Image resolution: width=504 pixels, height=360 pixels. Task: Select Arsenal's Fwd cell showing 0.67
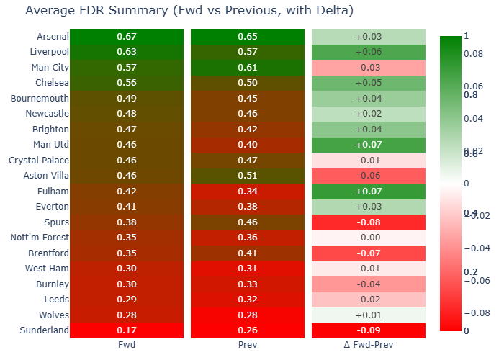tap(126, 37)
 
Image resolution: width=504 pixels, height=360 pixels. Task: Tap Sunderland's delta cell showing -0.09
tap(369, 330)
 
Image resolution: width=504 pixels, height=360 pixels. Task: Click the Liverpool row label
tap(50, 52)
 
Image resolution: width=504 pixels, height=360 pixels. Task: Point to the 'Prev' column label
tap(247, 345)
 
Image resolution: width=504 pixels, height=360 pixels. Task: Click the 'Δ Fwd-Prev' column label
tap(369, 345)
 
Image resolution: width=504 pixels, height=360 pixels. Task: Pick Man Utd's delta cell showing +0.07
tap(369, 145)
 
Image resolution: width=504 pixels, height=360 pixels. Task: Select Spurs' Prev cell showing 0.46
tap(247, 222)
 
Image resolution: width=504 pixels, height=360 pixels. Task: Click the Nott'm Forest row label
tap(40, 238)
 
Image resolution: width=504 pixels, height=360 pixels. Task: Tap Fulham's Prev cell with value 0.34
tap(247, 192)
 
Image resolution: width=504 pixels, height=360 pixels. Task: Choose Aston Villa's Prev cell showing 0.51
tap(247, 176)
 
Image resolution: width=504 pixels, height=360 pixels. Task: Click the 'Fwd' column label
tap(126, 345)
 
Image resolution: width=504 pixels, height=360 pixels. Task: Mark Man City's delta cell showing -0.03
tap(369, 68)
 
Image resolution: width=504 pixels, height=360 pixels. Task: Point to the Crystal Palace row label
tap(40, 161)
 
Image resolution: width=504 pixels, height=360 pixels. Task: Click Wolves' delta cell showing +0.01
tap(369, 315)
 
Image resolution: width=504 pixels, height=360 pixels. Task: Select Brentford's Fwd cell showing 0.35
tap(126, 253)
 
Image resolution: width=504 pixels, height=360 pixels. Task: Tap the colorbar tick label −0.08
tap(478, 313)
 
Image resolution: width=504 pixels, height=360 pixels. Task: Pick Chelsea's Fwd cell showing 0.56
tap(126, 83)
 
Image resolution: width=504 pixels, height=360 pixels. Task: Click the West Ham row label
tap(48, 269)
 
